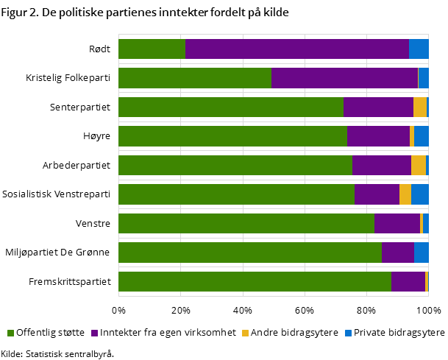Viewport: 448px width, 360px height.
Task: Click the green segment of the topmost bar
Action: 152,49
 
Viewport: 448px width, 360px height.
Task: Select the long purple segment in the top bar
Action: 296,49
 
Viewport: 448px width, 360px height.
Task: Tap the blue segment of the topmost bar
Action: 419,49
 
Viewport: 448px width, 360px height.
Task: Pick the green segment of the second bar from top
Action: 194,78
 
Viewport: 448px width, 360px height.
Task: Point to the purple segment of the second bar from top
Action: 344,78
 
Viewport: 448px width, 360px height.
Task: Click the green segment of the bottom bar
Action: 255,282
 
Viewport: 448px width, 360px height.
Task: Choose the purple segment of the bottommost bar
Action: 408,282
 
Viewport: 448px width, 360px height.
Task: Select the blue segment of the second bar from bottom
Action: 421,253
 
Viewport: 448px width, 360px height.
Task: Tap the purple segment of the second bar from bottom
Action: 397,253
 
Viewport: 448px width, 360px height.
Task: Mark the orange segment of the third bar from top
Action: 419,107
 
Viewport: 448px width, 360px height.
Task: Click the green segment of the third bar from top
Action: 230,107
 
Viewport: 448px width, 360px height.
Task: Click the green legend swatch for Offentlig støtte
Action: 11,333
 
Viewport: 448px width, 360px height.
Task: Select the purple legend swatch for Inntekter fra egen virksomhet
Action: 95,333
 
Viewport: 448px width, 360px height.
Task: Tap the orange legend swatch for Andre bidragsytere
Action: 246,333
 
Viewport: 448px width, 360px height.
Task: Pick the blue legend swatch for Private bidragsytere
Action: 349,333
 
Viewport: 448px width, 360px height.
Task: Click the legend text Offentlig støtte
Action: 50,333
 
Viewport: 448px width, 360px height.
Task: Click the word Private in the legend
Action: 371,333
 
